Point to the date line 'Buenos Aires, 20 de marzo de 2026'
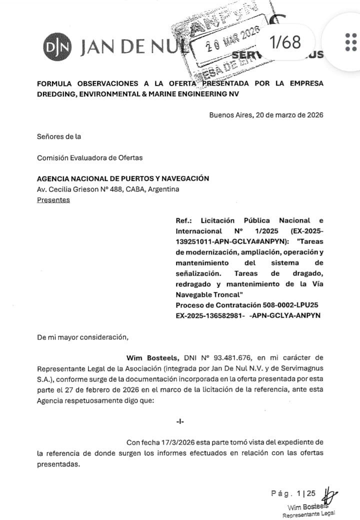[266, 114]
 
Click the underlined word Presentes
[53, 200]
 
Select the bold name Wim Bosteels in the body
[149, 357]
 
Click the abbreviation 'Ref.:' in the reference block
[185, 220]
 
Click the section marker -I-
[180, 421]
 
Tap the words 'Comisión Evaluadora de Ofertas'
[89, 157]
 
